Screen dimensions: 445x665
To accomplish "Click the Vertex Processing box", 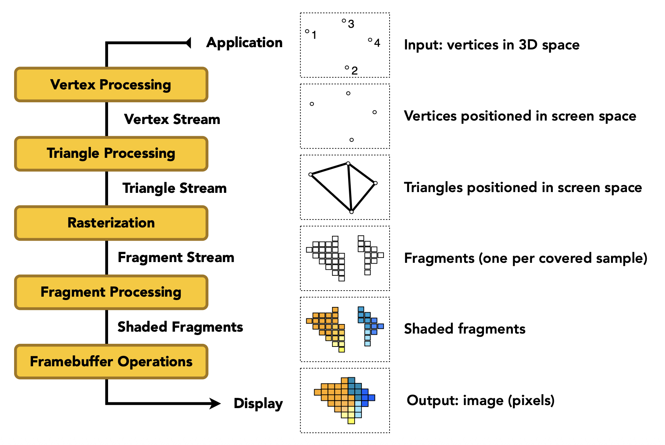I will click(111, 84).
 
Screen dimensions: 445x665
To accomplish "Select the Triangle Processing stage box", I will click(111, 154).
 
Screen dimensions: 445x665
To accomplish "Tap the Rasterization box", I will click(111, 223).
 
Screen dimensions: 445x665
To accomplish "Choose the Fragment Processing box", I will click(111, 292).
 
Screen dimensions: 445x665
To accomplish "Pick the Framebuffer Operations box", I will click(111, 361).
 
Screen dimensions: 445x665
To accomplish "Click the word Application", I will click(244, 43).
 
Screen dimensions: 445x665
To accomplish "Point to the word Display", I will click(258, 403).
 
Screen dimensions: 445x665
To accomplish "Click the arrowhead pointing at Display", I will click(215, 403).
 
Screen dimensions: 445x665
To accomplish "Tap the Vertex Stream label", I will click(172, 119).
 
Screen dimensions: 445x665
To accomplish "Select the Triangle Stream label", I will click(174, 188).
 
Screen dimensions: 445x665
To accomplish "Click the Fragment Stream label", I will click(176, 257).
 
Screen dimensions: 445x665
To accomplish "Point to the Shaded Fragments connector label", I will click(180, 327).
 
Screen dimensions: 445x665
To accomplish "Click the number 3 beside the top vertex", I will click(351, 24).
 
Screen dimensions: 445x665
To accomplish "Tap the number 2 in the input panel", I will click(355, 71).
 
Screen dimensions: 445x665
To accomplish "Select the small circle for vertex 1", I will click(307, 31).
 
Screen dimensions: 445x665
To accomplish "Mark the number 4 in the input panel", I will click(377, 43).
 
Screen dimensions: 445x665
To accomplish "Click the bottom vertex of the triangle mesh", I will click(352, 212).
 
